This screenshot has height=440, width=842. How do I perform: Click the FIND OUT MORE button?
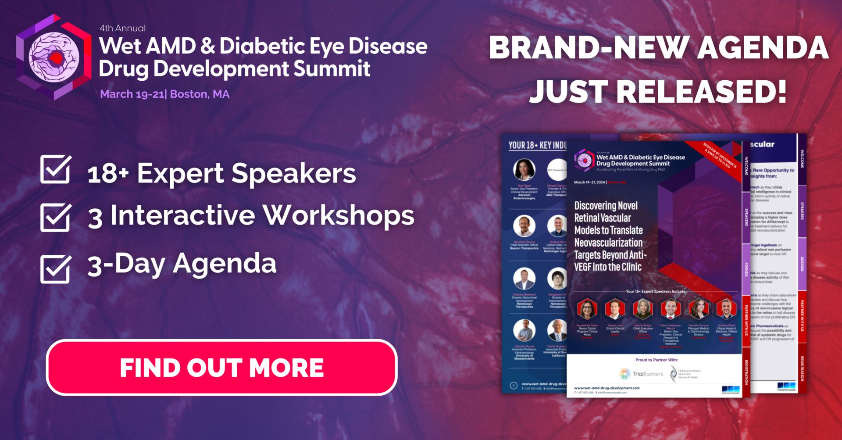click(x=221, y=368)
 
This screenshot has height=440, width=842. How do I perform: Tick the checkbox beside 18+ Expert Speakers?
click(x=55, y=169)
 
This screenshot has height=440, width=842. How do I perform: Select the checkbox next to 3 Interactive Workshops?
click(x=55, y=217)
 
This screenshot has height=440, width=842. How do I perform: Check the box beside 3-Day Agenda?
click(x=55, y=268)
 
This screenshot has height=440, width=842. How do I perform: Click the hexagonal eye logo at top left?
click(x=54, y=57)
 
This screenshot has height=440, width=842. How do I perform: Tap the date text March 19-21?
click(x=132, y=94)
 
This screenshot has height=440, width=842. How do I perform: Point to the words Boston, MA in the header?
click(x=200, y=94)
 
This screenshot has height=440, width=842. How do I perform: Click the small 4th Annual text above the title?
click(x=122, y=28)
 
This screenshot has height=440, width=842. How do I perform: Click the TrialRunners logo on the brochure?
click(x=641, y=374)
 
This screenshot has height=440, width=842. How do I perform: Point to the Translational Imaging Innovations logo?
click(x=685, y=374)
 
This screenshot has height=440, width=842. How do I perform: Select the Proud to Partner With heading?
click(x=656, y=360)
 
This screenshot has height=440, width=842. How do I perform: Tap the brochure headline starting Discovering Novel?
click(x=610, y=236)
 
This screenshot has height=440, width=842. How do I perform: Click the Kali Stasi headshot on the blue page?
click(x=524, y=170)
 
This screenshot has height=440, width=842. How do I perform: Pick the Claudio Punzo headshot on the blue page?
click(x=524, y=330)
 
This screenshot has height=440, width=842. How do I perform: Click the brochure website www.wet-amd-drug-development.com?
click(x=607, y=388)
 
